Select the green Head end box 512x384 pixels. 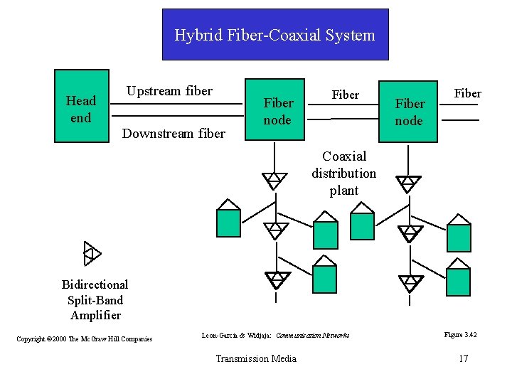82,107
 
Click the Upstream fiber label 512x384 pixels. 169,91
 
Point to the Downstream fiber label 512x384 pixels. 174,134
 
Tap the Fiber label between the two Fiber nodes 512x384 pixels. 346,95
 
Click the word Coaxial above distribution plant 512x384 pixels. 344,156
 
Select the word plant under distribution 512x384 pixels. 344,191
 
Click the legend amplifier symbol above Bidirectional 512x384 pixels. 92,253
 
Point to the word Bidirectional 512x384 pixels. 95,284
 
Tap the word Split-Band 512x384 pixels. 95,300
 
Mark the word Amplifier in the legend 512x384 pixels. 95,315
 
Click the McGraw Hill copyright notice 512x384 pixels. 85,338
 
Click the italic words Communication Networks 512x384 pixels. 313,334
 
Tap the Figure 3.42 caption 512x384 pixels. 460,334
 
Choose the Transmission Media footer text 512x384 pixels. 256,358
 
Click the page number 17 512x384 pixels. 463,358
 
